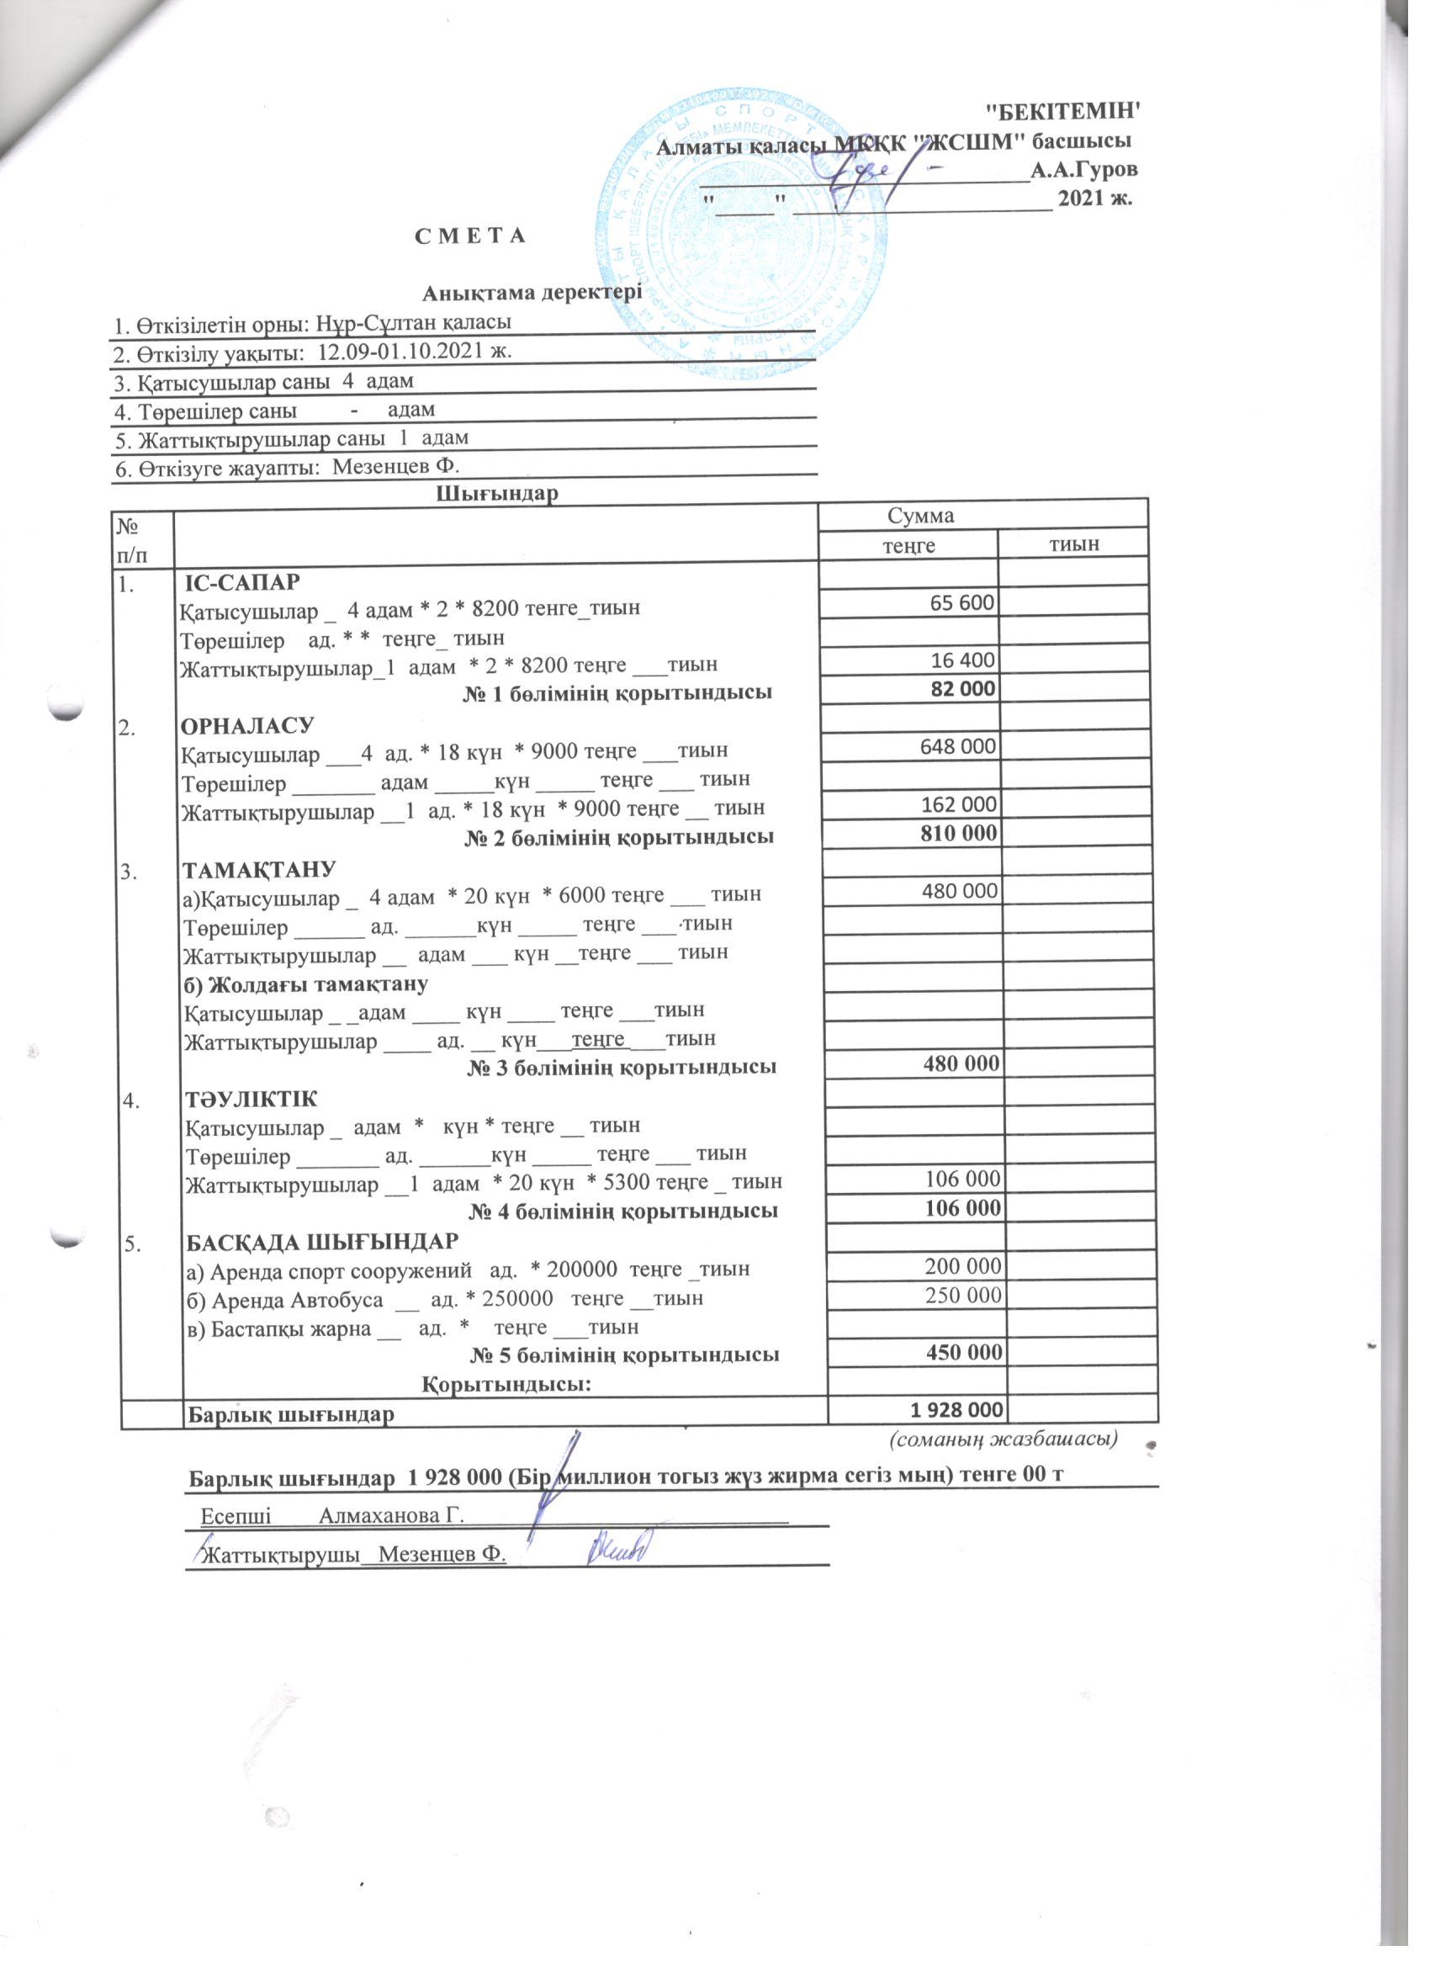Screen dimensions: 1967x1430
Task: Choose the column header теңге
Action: pyautogui.click(x=908, y=544)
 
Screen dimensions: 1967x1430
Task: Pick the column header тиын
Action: pyautogui.click(x=1073, y=543)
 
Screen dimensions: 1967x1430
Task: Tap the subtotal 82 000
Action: pyautogui.click(x=962, y=690)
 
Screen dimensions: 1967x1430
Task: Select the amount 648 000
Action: pyautogui.click(x=958, y=746)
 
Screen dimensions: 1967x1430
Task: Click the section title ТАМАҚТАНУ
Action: pyautogui.click(x=258, y=869)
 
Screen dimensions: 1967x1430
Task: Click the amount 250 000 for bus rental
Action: pyautogui.click(x=964, y=1295)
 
